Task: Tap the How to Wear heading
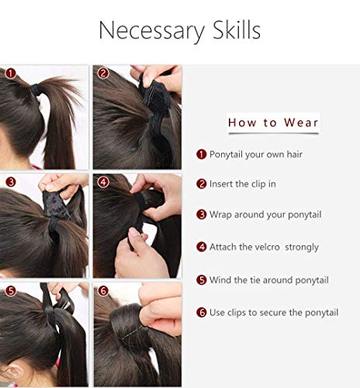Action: pos(273,123)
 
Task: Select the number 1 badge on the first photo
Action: pos(11,73)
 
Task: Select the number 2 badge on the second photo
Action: pos(102,74)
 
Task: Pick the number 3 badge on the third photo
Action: pos(11,182)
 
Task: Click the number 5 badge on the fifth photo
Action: pos(11,291)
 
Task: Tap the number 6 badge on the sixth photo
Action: pos(102,292)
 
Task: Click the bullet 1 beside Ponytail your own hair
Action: pos(202,154)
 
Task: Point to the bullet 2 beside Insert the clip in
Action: pos(202,184)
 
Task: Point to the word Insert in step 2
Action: pos(222,184)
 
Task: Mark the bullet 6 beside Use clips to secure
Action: pos(202,312)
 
